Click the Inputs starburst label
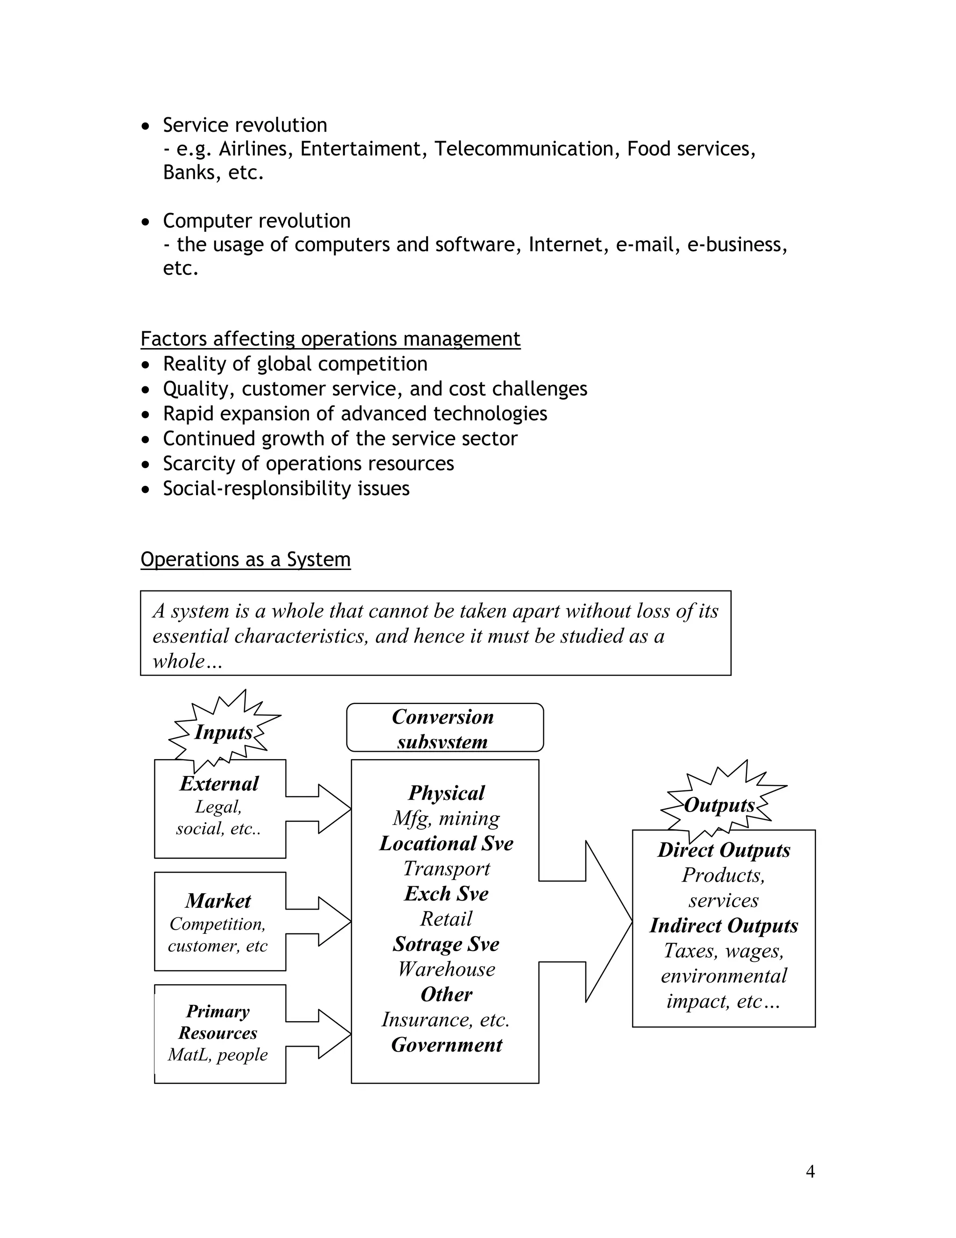223,733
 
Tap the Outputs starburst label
719,805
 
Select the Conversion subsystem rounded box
444,728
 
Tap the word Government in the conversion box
446,1045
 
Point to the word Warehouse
446,969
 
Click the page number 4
810,1172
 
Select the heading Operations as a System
245,560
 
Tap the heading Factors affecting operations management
330,339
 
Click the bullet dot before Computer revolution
146,221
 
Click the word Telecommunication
524,149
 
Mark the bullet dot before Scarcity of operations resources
146,464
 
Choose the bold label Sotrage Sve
446,944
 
